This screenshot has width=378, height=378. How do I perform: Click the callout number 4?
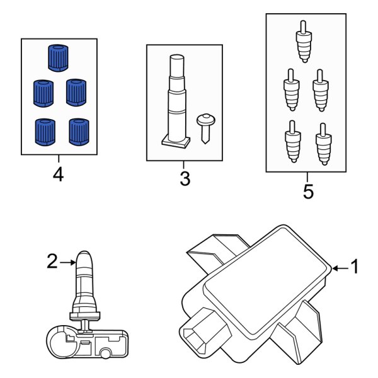click(59, 175)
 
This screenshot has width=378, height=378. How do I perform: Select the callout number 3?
click(185, 179)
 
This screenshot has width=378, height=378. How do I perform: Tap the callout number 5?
click(308, 192)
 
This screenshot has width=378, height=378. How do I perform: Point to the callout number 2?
click(52, 261)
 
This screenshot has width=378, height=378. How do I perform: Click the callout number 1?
click(355, 266)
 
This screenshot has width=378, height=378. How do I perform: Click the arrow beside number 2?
click(68, 262)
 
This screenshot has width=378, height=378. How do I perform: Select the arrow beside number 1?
click(340, 268)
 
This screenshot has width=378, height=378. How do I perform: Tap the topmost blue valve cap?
click(58, 58)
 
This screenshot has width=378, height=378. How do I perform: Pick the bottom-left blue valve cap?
click(45, 132)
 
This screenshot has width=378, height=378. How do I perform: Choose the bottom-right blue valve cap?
click(79, 132)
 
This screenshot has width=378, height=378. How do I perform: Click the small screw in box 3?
click(205, 129)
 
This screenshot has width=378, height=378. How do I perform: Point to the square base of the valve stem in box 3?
click(176, 142)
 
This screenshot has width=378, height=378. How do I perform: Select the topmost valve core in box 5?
click(304, 42)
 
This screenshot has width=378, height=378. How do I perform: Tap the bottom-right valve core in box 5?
click(324, 144)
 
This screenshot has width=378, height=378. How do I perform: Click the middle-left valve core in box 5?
click(292, 90)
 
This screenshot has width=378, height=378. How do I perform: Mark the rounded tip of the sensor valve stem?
click(84, 255)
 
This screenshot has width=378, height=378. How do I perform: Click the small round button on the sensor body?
click(105, 354)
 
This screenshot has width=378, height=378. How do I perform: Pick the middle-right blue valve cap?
click(76, 93)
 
